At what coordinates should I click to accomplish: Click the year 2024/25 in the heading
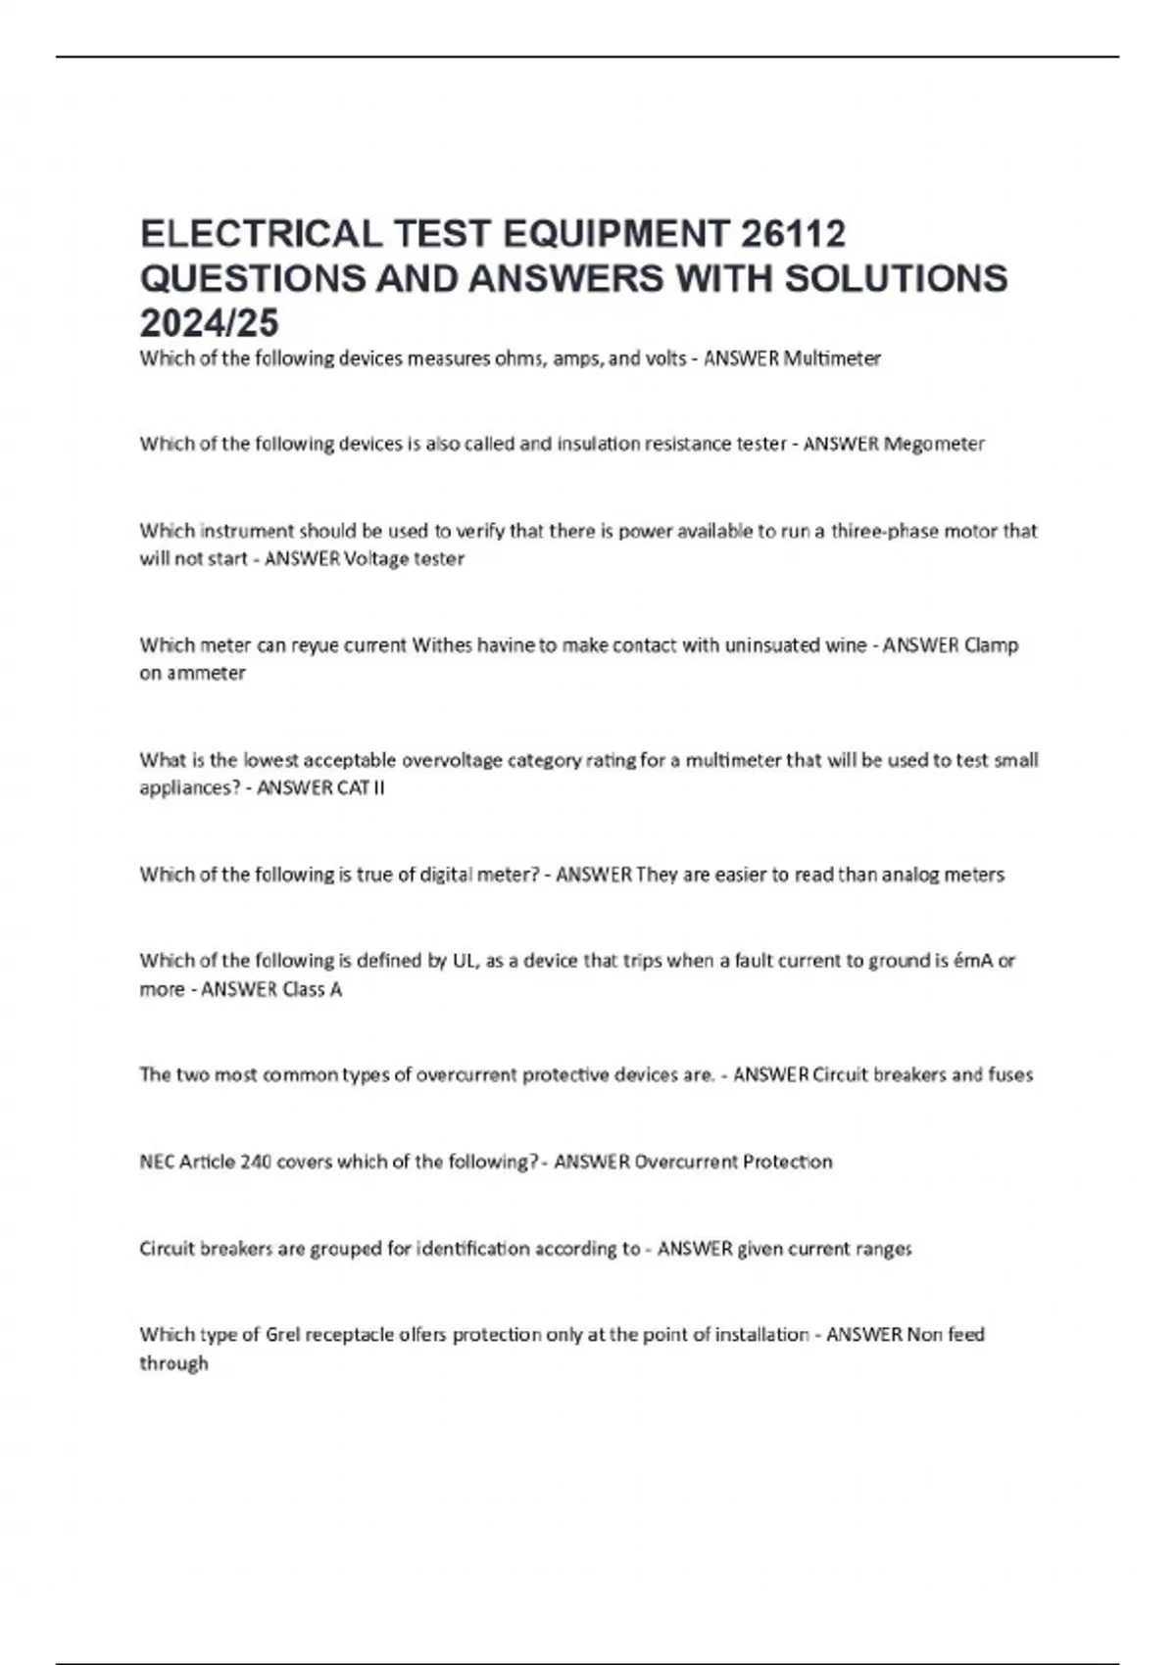click(210, 322)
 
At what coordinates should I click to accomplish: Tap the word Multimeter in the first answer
click(831, 358)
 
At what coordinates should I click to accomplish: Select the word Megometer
click(934, 444)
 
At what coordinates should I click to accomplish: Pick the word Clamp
click(991, 645)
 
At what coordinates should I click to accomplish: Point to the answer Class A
click(312, 989)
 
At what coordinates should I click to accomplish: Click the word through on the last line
click(173, 1363)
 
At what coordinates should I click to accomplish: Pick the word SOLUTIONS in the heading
click(896, 279)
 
